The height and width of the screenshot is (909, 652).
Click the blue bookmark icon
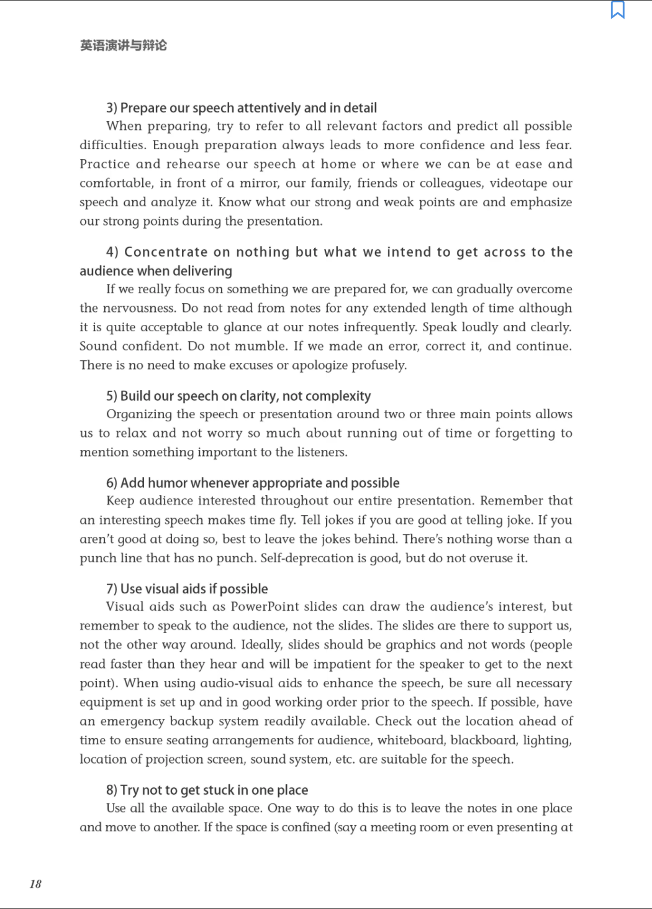click(x=617, y=10)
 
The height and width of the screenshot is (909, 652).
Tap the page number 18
click(x=35, y=884)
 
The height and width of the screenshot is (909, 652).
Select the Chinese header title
click(x=124, y=45)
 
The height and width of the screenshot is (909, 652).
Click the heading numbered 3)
click(x=242, y=108)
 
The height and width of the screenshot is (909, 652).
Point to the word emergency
click(x=135, y=721)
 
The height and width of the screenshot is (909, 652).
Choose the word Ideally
click(x=262, y=645)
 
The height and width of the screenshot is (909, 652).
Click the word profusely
click(x=379, y=365)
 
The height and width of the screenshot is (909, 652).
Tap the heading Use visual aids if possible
click(x=187, y=589)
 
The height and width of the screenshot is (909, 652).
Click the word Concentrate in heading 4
click(x=166, y=252)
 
